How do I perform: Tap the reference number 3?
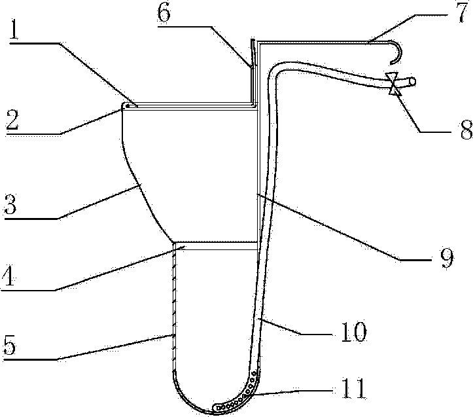tap(14, 208)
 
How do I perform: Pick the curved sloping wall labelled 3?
tap(145, 196)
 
